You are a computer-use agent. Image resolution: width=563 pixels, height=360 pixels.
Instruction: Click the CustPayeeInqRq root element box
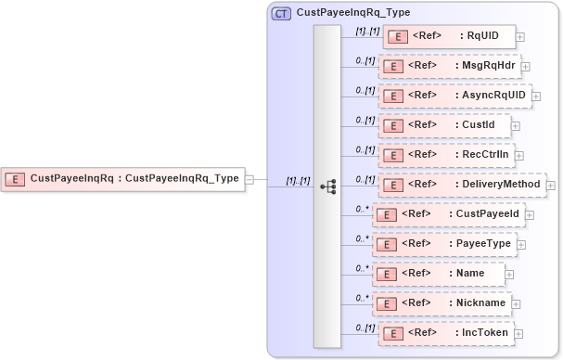point(123,178)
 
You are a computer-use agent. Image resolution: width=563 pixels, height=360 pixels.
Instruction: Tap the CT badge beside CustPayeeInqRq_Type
point(280,14)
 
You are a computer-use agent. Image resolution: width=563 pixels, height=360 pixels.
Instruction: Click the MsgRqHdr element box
point(450,66)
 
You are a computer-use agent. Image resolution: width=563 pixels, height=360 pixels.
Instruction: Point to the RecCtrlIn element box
point(448,154)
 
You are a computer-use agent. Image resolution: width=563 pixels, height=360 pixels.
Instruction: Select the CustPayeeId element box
point(448,213)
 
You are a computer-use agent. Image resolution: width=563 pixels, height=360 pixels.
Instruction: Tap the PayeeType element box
point(447,243)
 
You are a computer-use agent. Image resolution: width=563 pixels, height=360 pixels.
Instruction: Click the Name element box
point(439,274)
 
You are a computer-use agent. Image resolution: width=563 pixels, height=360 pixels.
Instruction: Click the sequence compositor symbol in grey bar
point(327,186)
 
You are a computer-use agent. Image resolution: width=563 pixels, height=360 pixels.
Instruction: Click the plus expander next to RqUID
point(519,37)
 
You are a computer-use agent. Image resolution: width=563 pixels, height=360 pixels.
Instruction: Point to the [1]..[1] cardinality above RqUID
point(368,31)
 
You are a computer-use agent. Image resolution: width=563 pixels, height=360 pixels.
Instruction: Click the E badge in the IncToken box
point(392,332)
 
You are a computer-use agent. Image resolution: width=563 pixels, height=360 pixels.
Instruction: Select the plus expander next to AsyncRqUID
point(536,96)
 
